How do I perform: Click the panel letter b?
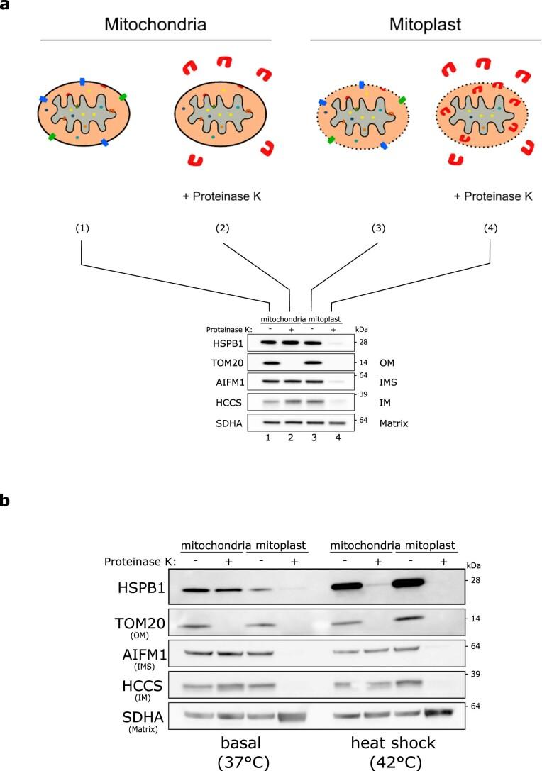[6, 501]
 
